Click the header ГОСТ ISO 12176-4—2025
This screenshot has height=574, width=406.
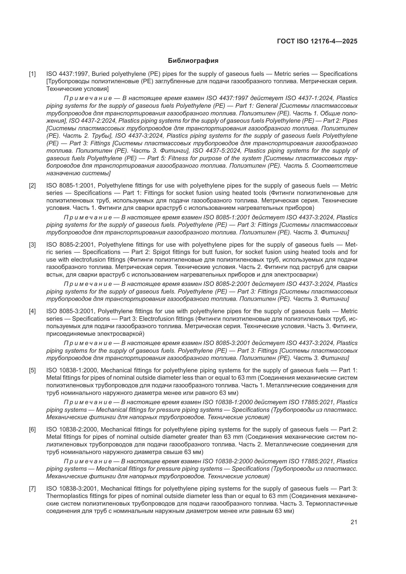(x=317, y=41)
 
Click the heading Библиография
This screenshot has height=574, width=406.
(x=193, y=61)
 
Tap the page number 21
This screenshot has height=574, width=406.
(x=354, y=522)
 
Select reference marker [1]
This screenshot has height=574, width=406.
(x=32, y=74)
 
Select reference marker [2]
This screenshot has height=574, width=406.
(x=32, y=186)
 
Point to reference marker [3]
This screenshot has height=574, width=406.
(x=32, y=244)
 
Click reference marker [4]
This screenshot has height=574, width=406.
(x=32, y=311)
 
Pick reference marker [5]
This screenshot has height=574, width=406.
(x=32, y=370)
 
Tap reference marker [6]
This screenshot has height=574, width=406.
(x=32, y=429)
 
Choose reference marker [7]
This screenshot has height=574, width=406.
(x=32, y=489)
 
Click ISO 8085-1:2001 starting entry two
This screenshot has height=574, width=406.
(x=70, y=186)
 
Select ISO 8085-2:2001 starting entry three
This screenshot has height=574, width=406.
(x=70, y=244)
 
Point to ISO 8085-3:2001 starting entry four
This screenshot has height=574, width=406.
(x=70, y=311)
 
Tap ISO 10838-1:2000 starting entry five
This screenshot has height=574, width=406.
(x=72, y=370)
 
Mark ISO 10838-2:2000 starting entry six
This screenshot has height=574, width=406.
(x=72, y=429)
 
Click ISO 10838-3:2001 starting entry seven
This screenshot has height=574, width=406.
(x=72, y=489)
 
